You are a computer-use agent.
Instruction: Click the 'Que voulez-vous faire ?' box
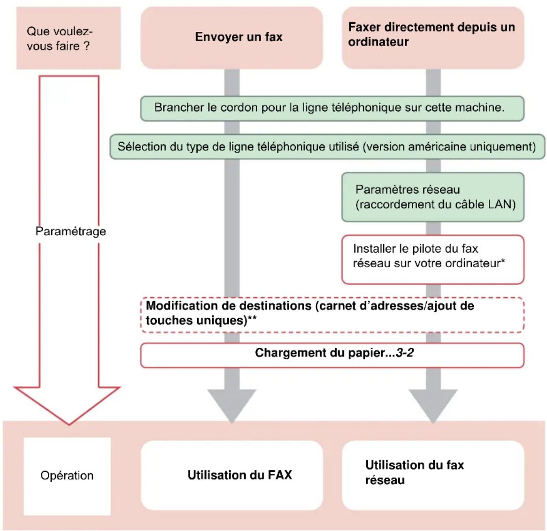[x=69, y=38]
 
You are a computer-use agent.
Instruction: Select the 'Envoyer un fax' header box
[x=231, y=38]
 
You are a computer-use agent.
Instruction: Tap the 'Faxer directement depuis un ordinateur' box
[x=433, y=38]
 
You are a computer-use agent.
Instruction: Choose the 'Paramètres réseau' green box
[x=433, y=197]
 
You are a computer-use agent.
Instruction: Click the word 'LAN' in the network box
[x=501, y=204]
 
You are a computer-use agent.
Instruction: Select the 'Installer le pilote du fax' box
[x=433, y=260]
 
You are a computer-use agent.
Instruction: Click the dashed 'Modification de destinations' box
[x=332, y=315]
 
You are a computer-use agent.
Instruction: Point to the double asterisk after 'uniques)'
[x=252, y=319]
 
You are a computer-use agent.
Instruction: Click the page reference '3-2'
[x=405, y=353]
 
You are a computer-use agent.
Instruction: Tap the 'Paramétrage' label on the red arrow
[x=71, y=231]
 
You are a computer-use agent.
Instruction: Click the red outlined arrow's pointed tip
[x=69, y=424]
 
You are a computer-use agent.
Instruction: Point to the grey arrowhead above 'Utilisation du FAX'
[x=232, y=405]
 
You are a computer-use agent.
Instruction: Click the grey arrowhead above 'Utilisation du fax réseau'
[x=433, y=405]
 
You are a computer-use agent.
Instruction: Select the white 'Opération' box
[x=67, y=476]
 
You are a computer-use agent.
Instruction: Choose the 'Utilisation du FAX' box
[x=232, y=475]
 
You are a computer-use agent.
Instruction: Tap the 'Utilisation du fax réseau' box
[x=433, y=475]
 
